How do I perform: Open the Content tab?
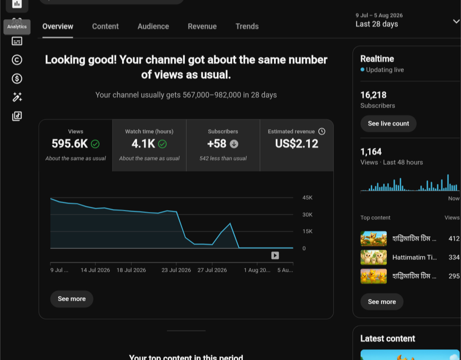point(105,26)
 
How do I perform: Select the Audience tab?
point(153,26)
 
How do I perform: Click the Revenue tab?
point(202,26)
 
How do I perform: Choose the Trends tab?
point(247,26)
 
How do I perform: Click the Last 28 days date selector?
point(376,24)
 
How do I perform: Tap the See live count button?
point(388,123)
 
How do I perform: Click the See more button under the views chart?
point(72,299)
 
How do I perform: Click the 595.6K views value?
point(70,144)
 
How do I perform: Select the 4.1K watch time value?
point(143,144)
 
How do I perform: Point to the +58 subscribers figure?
point(217,144)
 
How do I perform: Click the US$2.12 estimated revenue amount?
point(297,144)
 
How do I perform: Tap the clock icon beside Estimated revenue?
point(322,131)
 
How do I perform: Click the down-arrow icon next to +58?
point(234,144)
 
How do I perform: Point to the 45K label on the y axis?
point(307,198)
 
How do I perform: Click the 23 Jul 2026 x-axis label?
point(176,270)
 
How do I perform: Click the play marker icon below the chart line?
point(275,255)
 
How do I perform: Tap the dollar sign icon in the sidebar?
point(17,78)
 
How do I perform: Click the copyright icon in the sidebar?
point(17,60)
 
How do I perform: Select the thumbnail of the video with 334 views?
point(373,258)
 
